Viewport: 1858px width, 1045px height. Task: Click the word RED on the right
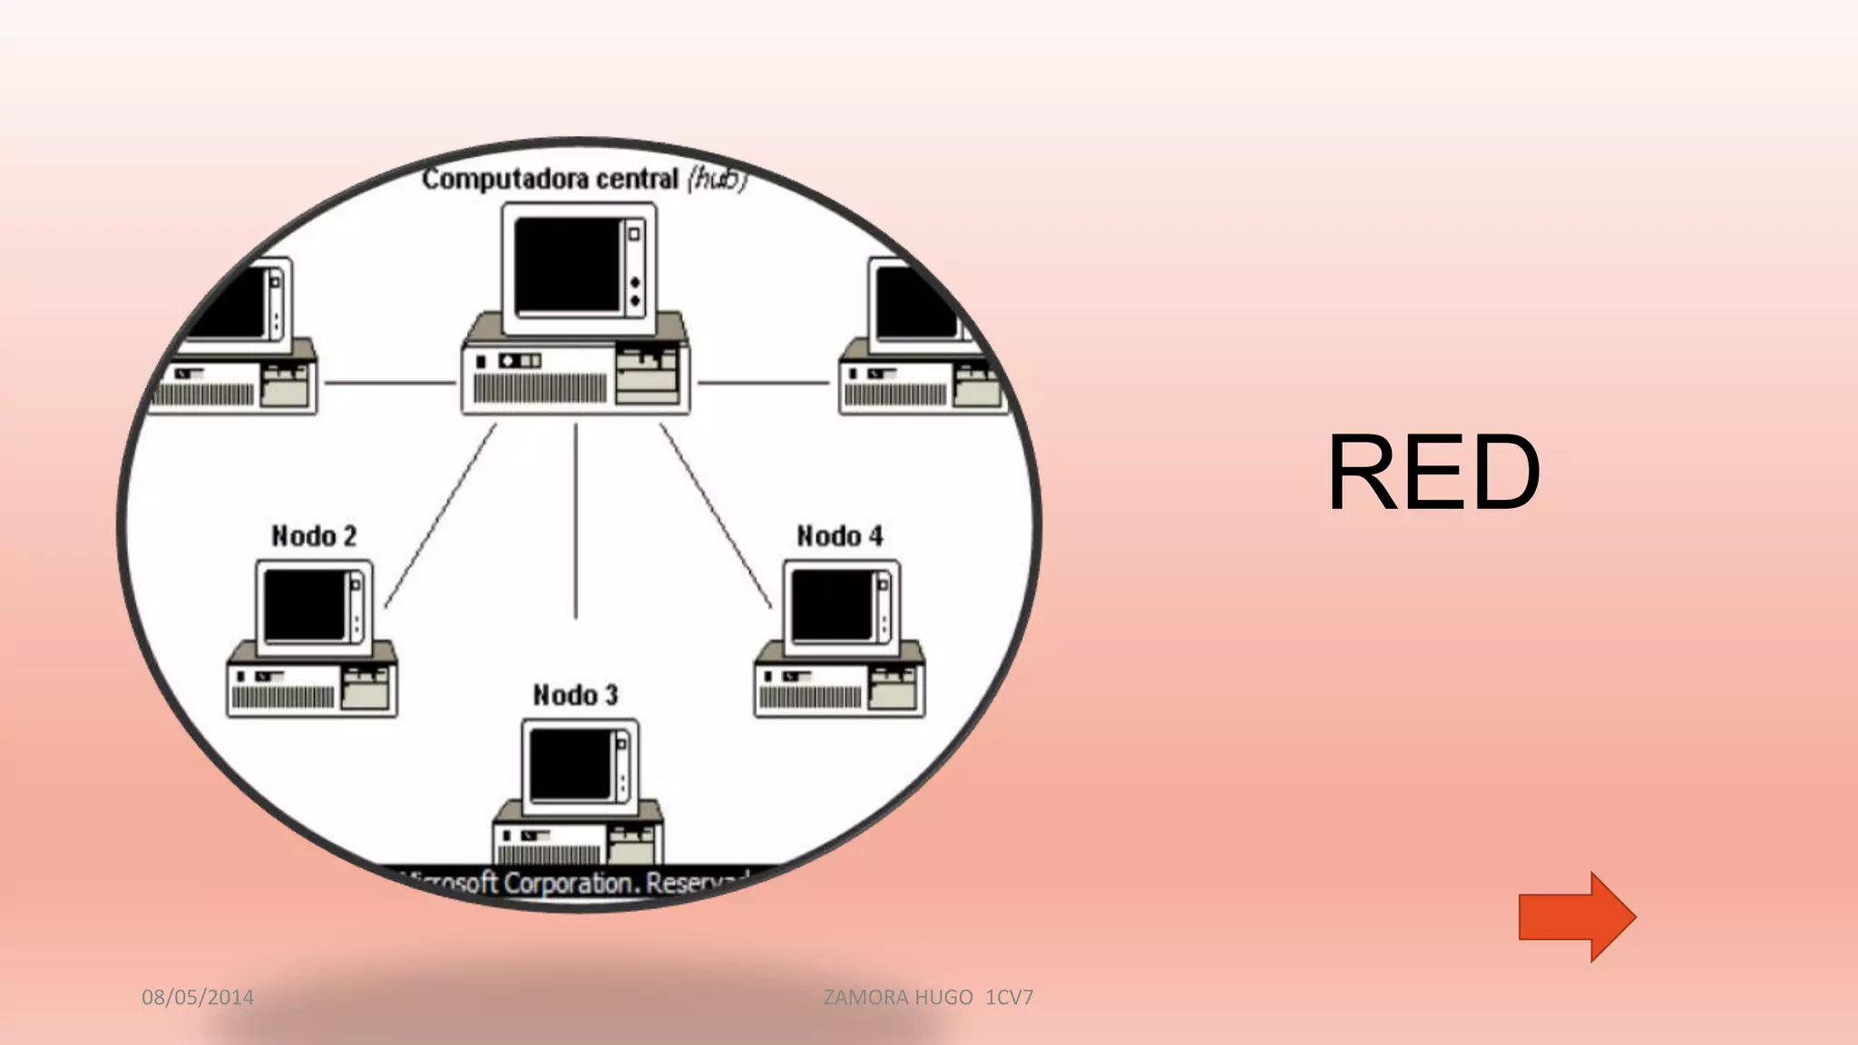(x=1433, y=474)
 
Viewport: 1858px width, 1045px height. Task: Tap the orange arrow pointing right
(x=1576, y=917)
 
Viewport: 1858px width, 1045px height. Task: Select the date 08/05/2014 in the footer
(x=198, y=997)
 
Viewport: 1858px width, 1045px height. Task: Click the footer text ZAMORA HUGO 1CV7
(x=927, y=997)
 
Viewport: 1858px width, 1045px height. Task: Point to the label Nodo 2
(x=314, y=536)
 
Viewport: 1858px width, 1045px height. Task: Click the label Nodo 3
(x=575, y=696)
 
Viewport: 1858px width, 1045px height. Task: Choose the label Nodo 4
(x=839, y=536)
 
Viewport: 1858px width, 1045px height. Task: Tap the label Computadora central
(x=550, y=179)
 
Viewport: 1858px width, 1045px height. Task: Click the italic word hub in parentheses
(x=717, y=180)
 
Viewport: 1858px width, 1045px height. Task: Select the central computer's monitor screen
(x=566, y=266)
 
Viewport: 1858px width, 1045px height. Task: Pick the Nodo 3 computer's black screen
(x=570, y=765)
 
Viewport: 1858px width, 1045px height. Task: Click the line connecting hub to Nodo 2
(x=441, y=514)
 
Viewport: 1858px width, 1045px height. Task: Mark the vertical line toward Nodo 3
(x=575, y=522)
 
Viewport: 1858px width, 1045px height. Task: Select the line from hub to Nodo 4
(x=716, y=514)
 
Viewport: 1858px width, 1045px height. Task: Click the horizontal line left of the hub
(x=390, y=383)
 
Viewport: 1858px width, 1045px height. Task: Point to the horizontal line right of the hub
(x=762, y=383)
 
